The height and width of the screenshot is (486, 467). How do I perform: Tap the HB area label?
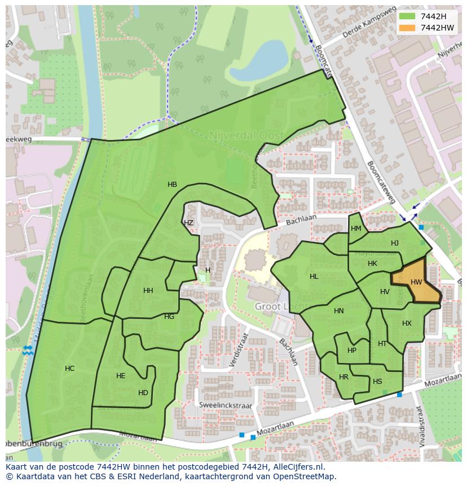[x=172, y=185]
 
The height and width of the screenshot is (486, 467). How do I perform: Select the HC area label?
[x=69, y=369]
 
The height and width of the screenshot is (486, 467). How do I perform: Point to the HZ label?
[x=188, y=223]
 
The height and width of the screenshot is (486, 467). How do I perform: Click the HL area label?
[x=314, y=277]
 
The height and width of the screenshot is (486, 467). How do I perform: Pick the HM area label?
[x=356, y=229]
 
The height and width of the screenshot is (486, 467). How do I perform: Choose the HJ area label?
[x=394, y=243]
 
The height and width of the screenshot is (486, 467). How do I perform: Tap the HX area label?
[x=407, y=323]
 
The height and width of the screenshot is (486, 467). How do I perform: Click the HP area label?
[x=352, y=351]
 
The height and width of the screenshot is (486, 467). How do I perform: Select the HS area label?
[x=377, y=382]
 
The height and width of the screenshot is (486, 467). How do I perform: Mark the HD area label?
[x=143, y=393]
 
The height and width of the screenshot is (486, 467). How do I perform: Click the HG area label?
[x=169, y=317]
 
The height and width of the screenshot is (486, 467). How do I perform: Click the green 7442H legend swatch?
[x=407, y=16]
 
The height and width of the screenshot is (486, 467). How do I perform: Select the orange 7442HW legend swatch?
[x=407, y=28]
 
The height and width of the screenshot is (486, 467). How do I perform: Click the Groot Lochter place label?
[x=276, y=307]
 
